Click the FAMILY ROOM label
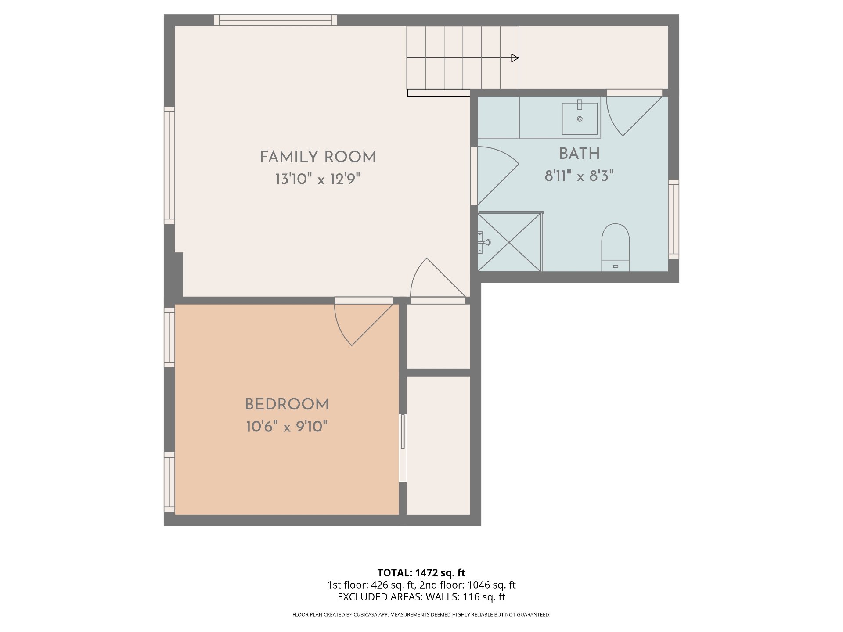point(318,157)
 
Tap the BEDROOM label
point(287,405)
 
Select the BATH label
point(579,154)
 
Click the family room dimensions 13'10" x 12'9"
point(318,179)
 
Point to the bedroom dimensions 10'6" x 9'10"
point(287,427)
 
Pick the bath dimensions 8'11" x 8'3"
point(579,176)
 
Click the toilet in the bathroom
point(615,247)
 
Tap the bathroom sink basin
point(580,118)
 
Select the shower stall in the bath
point(510,241)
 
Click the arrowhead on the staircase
point(515,58)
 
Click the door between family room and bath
point(497,176)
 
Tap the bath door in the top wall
point(634,115)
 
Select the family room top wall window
point(276,20)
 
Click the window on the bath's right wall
point(674,219)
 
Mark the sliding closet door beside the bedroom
point(403,448)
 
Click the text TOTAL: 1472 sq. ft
point(421,573)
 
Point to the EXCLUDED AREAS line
point(421,597)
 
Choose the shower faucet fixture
point(483,242)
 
